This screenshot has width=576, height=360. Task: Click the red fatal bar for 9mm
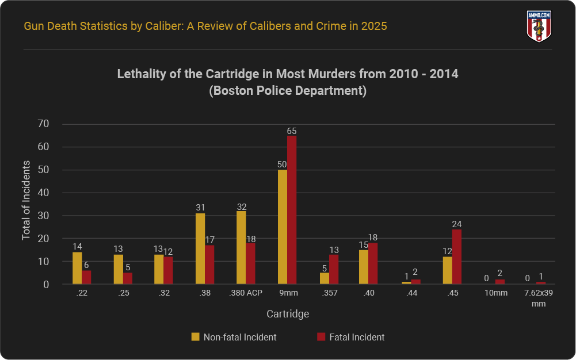(292, 210)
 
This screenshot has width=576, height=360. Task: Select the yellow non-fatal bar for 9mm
(283, 227)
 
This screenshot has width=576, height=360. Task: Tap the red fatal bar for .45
(457, 257)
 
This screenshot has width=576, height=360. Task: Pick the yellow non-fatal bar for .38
(200, 249)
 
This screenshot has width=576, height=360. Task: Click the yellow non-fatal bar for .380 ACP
(242, 248)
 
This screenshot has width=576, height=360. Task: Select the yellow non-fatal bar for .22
(77, 268)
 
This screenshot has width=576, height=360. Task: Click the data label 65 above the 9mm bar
(292, 131)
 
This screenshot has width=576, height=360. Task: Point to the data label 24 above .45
(457, 224)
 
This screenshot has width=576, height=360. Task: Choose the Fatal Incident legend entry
(350, 337)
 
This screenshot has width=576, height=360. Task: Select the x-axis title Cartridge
(288, 314)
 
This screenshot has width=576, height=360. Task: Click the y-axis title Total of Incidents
(26, 201)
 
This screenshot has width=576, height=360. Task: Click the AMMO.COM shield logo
(539, 26)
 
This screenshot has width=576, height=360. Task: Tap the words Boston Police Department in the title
(288, 91)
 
